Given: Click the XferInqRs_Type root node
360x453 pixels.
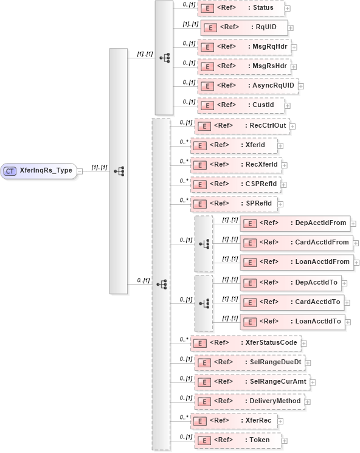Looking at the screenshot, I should [40, 171].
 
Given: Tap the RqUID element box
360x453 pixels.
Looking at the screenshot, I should [243, 28].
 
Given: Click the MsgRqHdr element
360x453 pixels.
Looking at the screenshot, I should [244, 47].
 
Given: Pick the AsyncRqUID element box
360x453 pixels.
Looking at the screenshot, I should [247, 86].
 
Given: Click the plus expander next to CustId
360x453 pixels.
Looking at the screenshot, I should [288, 106].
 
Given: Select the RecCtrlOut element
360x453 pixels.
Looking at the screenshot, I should [241, 126].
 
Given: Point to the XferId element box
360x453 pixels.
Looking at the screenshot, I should [234, 145].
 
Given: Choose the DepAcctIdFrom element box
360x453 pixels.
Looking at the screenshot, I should [294, 223].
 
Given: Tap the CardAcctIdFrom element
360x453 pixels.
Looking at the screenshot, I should [296, 243].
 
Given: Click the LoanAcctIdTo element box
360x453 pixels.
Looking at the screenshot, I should [292, 322].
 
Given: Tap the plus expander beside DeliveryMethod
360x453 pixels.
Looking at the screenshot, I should [308, 402].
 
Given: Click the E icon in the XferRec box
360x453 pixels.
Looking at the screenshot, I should [198, 421].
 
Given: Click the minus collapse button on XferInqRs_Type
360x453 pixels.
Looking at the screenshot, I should [80, 171].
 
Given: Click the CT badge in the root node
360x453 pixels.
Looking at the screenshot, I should [10, 171].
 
